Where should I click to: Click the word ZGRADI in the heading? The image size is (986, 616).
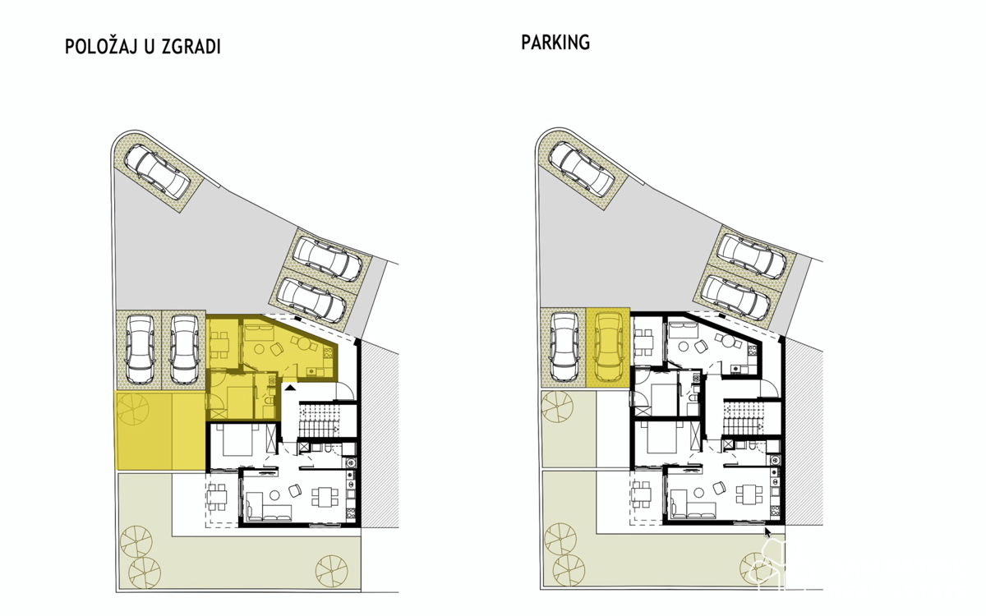point(191,47)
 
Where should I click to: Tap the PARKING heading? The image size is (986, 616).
point(555,43)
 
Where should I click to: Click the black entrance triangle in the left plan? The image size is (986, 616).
point(290,387)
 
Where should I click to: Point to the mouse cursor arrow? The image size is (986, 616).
point(768,532)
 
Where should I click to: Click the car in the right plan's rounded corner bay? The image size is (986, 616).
point(582,168)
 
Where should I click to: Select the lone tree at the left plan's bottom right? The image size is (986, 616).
point(332,570)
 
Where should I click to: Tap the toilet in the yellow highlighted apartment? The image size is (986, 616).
point(268,402)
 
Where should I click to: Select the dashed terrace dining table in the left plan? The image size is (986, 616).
point(216,497)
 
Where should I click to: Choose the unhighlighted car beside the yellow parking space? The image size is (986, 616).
point(565,347)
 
